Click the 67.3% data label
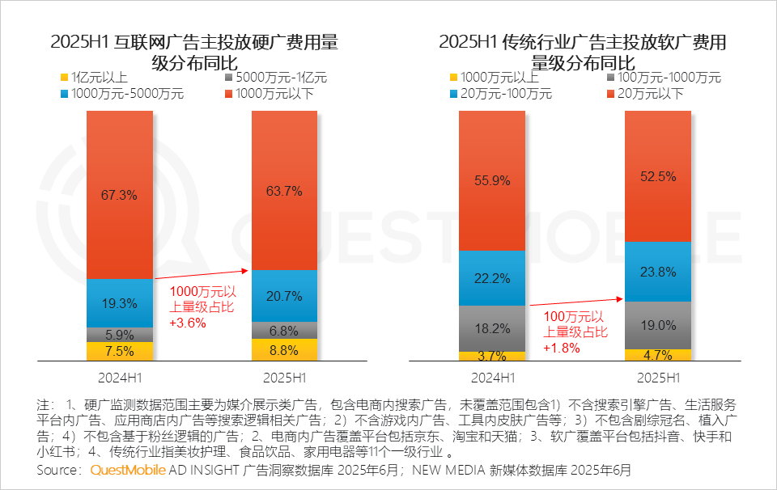[120, 195]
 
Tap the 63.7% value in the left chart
[285, 192]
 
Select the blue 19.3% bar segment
[120, 302]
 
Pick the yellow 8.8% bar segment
[285, 350]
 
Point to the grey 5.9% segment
[120, 334]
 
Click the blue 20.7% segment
[285, 296]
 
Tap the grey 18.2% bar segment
[492, 328]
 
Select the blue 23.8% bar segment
[657, 272]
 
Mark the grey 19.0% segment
[657, 325]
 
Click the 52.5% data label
[657, 176]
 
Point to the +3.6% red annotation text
[188, 323]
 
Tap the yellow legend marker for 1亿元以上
[64, 78]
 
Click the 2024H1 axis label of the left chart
[120, 378]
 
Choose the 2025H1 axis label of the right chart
[657, 378]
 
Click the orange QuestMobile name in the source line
[128, 470]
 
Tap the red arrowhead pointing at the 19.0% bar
[621, 299]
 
